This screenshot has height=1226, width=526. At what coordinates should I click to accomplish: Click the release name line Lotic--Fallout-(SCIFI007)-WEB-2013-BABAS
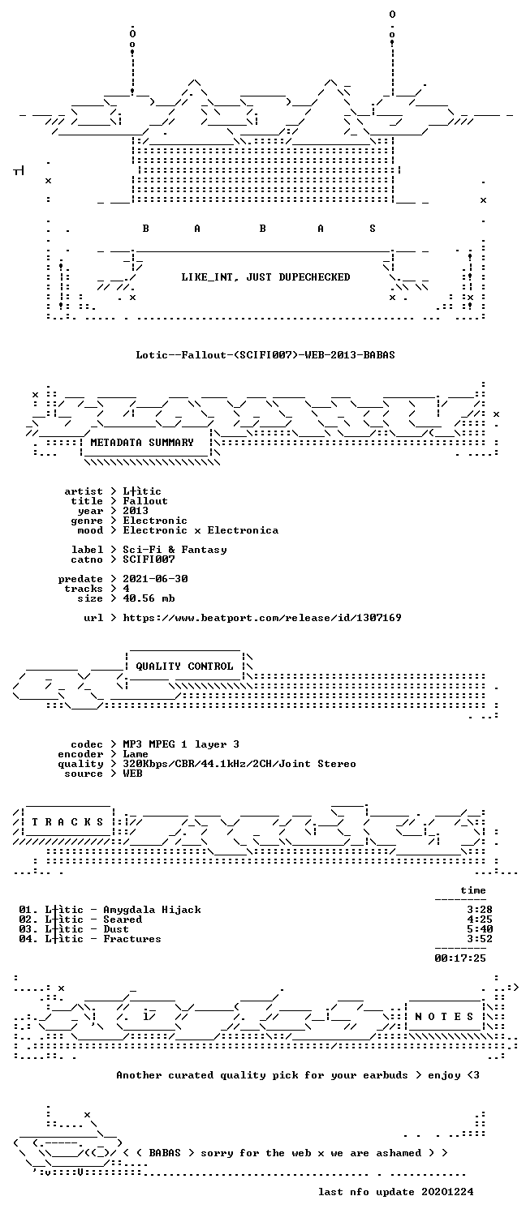click(265, 354)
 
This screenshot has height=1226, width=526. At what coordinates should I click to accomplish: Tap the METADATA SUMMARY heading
click(142, 442)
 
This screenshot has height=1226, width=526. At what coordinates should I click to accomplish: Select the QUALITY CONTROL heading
click(184, 666)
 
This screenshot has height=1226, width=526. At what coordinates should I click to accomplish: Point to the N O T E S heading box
click(444, 1016)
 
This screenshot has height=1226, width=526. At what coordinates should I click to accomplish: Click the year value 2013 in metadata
click(136, 511)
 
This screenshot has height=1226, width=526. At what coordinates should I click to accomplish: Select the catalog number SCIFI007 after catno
click(149, 559)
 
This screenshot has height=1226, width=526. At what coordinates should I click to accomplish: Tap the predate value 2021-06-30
click(155, 578)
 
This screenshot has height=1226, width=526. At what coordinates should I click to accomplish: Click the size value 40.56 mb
click(149, 598)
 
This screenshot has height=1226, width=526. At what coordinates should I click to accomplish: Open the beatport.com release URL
click(262, 618)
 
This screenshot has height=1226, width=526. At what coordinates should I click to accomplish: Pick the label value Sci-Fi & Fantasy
click(175, 550)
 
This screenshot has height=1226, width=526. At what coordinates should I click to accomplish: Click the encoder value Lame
click(136, 754)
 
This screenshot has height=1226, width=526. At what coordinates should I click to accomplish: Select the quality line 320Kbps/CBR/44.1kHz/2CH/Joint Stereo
click(239, 764)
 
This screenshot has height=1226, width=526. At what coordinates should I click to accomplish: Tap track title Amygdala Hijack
click(153, 910)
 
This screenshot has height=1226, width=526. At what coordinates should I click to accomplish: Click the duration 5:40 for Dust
click(480, 928)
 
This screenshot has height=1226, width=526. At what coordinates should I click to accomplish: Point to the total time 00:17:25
click(460, 958)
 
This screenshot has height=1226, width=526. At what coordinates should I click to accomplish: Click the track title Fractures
click(132, 939)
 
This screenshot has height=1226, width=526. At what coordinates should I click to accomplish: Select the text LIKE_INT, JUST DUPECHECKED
click(265, 277)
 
